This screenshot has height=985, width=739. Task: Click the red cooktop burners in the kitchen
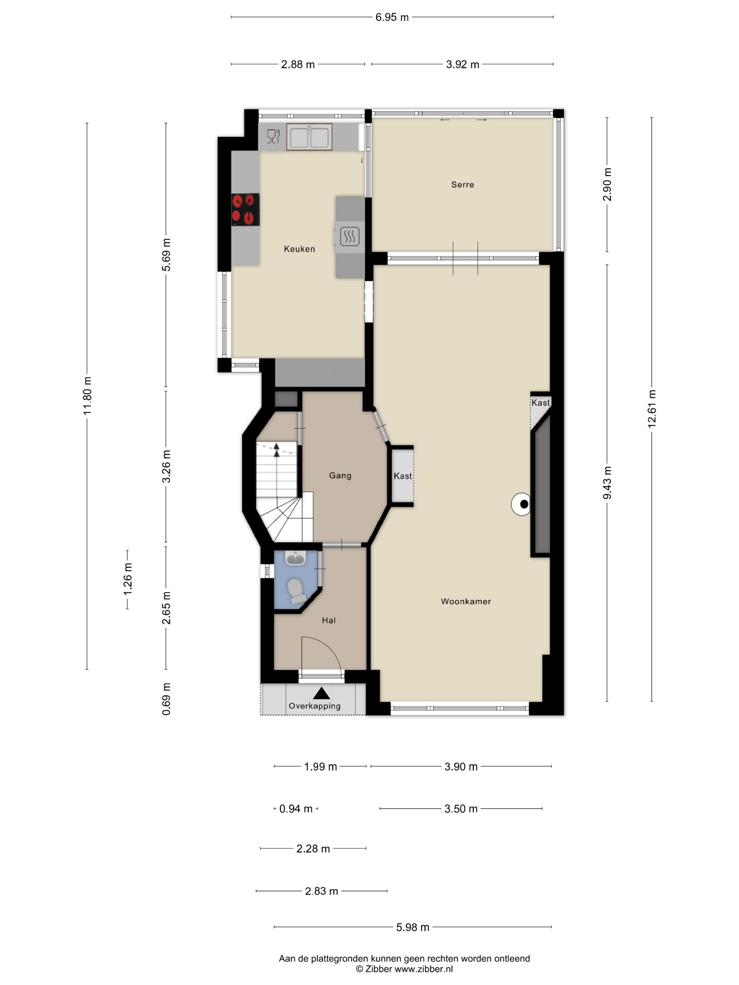(245, 209)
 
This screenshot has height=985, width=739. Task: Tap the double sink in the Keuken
(309, 136)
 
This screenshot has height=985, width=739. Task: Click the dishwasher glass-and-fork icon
(273, 136)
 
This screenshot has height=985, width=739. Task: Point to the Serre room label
(462, 184)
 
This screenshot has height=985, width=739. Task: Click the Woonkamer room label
(466, 601)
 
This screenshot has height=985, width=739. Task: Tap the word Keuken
(299, 249)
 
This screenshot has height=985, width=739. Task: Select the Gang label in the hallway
(340, 476)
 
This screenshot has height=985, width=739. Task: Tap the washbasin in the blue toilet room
(295, 558)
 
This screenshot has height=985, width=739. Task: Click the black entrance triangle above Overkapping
(321, 693)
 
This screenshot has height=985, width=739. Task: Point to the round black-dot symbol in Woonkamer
(521, 504)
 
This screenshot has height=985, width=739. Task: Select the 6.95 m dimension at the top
(392, 17)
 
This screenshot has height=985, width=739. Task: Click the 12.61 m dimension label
(652, 409)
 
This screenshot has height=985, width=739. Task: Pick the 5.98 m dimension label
(412, 927)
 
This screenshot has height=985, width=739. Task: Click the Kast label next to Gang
(403, 476)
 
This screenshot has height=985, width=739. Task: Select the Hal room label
(329, 620)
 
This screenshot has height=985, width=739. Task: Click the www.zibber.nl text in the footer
(424, 968)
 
